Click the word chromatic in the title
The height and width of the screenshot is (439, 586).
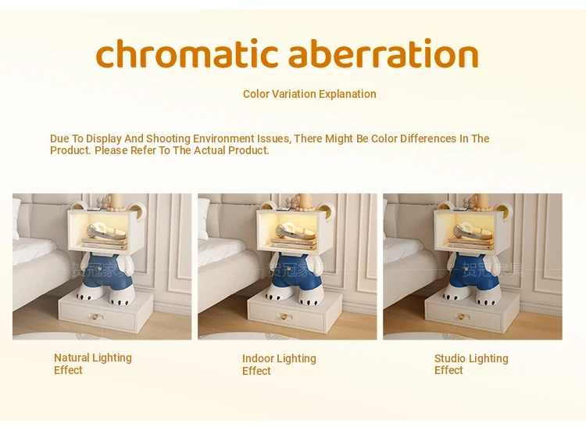click(187, 53)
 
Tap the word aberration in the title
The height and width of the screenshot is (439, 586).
click(384, 53)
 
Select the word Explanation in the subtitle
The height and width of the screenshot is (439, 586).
click(348, 95)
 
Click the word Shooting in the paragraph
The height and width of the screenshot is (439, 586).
click(168, 139)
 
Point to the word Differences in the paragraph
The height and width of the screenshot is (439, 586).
click(428, 139)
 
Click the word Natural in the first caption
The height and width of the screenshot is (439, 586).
click(72, 358)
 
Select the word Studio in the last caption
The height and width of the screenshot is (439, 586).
click(449, 358)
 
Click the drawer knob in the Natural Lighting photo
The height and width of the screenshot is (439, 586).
click(95, 318)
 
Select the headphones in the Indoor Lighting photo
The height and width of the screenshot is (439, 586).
click(293, 230)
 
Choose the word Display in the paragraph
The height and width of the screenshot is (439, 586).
click(104, 139)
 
